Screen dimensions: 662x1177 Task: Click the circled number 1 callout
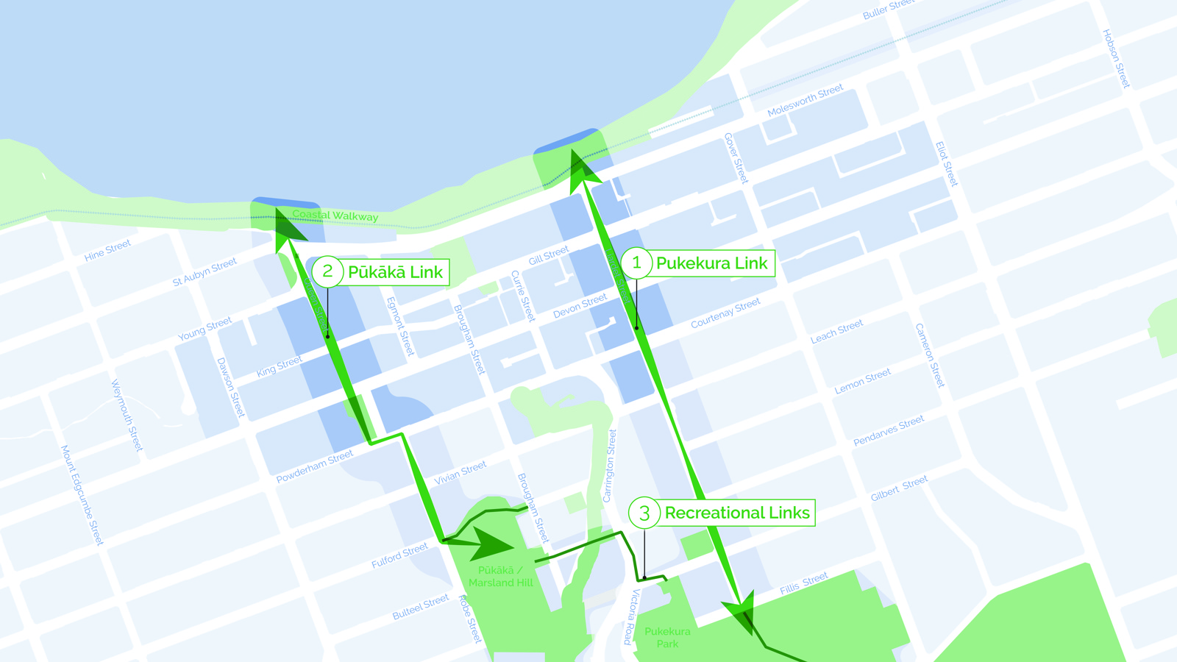[x=637, y=263]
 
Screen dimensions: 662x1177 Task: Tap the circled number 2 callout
[x=327, y=271]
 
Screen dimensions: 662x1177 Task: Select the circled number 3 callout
[x=644, y=513]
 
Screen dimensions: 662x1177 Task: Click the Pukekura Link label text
[x=711, y=263]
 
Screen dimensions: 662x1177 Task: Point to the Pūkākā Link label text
[x=395, y=272]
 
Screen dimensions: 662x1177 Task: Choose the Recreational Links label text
[x=737, y=513]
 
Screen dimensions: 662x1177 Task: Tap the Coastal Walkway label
[x=335, y=216]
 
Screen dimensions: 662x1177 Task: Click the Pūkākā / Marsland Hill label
[x=500, y=577]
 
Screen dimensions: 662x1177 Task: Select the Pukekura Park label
[x=667, y=637]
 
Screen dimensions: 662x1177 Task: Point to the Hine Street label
[x=107, y=250]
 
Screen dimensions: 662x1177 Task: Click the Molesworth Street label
[x=805, y=101]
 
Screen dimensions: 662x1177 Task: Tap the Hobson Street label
[x=1115, y=59]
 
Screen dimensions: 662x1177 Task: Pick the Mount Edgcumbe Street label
[x=82, y=495]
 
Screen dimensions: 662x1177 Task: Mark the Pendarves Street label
[x=889, y=431]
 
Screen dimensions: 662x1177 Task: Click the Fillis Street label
[x=804, y=583]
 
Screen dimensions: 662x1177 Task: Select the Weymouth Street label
[x=127, y=416]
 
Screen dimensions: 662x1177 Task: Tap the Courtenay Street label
[x=725, y=313]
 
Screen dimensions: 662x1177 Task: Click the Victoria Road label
[x=632, y=616]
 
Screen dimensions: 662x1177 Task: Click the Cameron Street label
[x=930, y=355]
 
